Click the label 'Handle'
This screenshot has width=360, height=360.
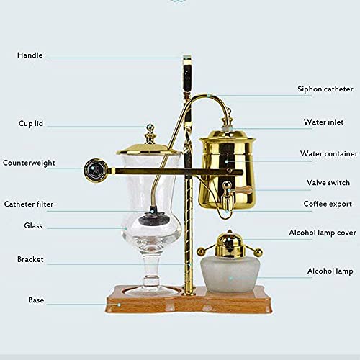pos(30,55)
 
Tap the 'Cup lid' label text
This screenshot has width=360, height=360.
pos(31,124)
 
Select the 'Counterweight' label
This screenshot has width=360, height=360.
pos(29,163)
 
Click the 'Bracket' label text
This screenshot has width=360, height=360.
pos(31,258)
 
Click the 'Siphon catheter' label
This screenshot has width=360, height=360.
pos(325,89)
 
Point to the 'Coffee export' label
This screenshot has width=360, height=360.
pos(328,204)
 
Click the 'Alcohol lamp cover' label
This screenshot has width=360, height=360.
pos(322,233)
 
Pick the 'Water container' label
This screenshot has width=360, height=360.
pos(328,153)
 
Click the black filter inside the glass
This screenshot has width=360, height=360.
pos(153,214)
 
